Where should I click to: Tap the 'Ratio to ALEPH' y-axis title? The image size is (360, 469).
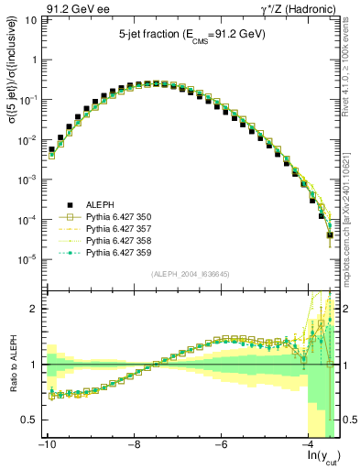[x=12, y=365]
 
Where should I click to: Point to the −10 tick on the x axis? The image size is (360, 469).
[x=46, y=444]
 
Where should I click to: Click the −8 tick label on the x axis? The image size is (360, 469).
[x=134, y=444]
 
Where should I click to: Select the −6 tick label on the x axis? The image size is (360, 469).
[x=221, y=444]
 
